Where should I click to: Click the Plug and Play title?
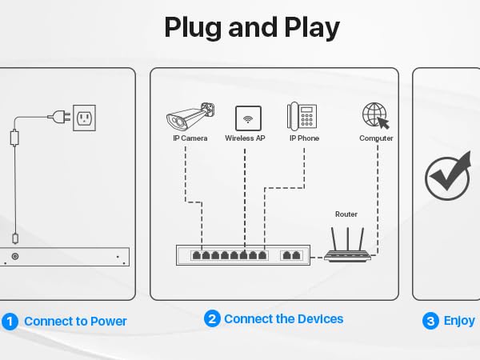[x=251, y=27]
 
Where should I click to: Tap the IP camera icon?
[x=190, y=116]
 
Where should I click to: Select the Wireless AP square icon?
[x=248, y=118]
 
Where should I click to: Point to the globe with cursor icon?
[x=375, y=117]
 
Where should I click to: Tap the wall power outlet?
[x=85, y=118]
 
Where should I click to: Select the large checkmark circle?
[x=447, y=177]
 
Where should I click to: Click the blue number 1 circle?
[x=10, y=322]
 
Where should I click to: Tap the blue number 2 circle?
[x=212, y=318]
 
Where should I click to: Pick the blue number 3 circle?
[x=430, y=322]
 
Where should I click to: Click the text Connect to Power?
[x=75, y=322]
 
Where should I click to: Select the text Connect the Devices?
[x=283, y=318]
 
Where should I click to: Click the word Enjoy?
[x=459, y=322]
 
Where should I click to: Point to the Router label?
[x=346, y=214]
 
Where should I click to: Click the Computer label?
[x=376, y=138]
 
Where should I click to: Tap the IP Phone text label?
[x=304, y=138]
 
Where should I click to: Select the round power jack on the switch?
[x=14, y=257]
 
